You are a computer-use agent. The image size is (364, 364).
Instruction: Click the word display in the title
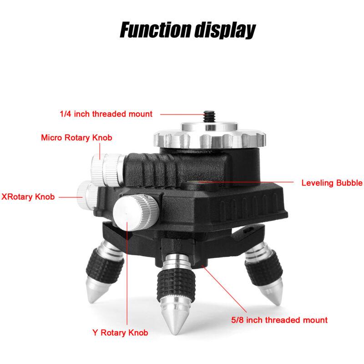pos(225,30)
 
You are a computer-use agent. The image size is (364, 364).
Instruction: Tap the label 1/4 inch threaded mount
pos(106,114)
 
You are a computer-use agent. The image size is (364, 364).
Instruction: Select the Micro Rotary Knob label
pos(76,138)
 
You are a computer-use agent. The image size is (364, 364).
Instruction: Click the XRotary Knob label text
pos(28,197)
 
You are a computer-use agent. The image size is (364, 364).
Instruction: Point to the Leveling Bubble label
pos(332,183)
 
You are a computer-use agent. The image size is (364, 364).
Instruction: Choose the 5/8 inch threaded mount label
pos(279,320)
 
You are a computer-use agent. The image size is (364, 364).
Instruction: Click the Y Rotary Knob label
pos(120,333)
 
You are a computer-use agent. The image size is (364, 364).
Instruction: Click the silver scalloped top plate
pos(209,137)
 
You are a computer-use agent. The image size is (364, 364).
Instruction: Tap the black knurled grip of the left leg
pos(105,266)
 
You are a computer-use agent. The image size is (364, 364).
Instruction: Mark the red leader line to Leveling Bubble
pos(247,182)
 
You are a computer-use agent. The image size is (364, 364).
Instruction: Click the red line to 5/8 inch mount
pos(224,289)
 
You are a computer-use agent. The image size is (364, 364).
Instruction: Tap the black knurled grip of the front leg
pos(176,285)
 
